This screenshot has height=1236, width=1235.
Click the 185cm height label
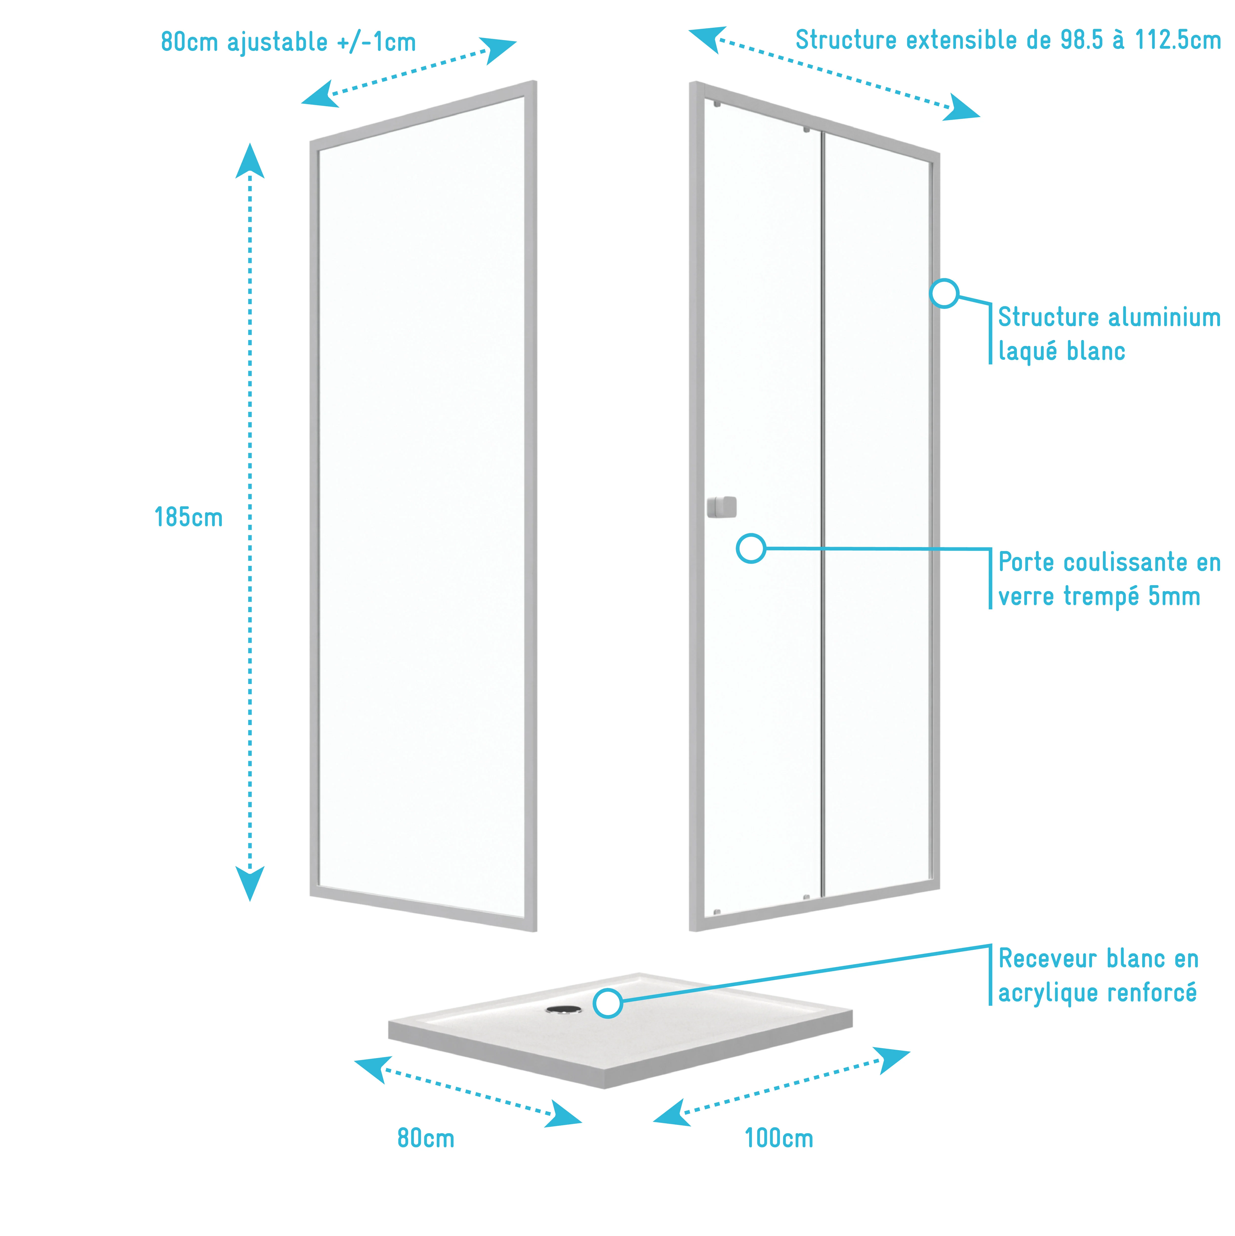pyautogui.click(x=189, y=518)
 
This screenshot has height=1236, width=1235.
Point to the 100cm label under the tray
pyautogui.click(x=779, y=1157)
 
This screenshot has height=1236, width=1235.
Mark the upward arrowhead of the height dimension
pyautogui.click(x=249, y=160)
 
